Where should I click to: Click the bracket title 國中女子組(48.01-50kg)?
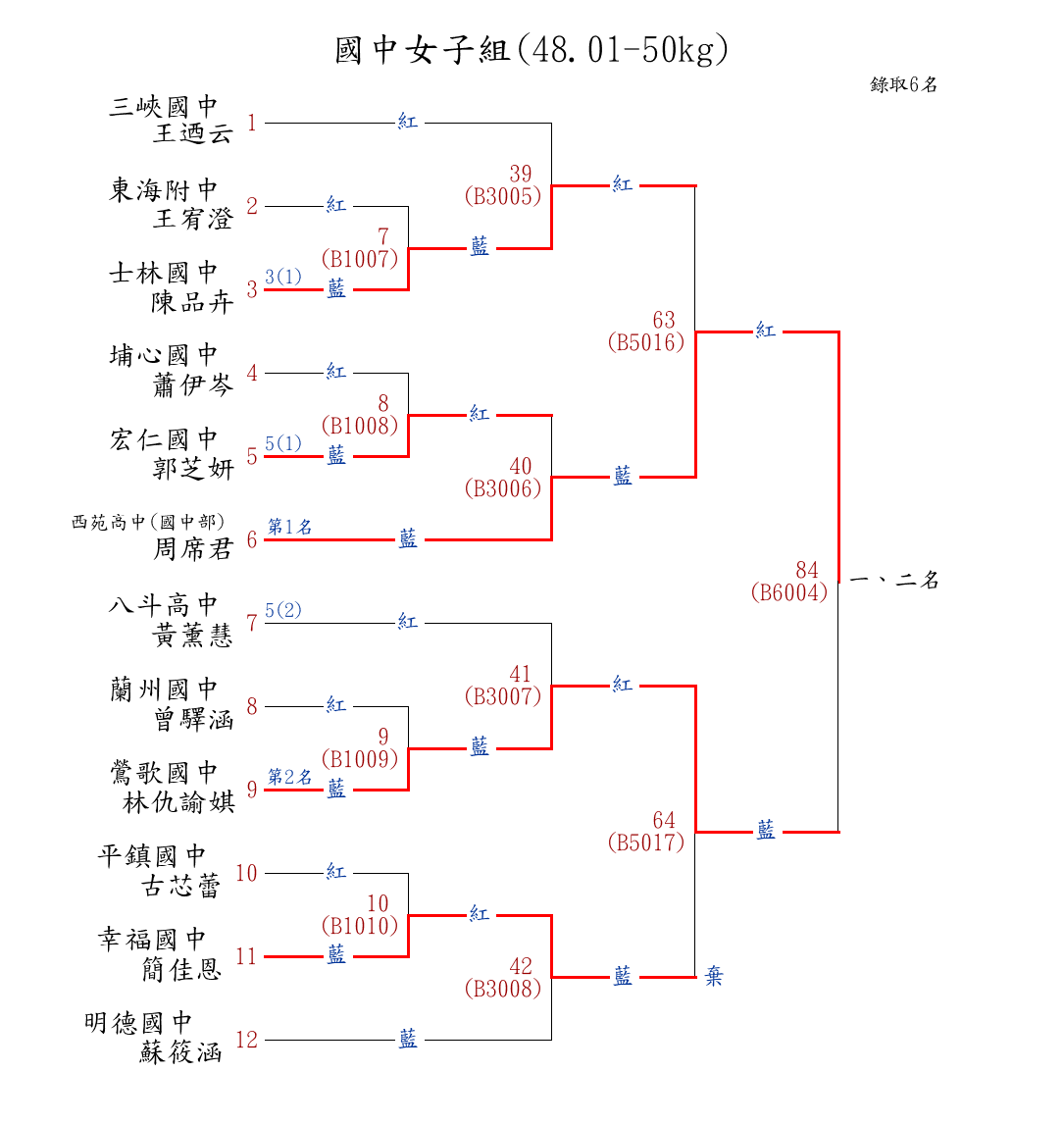pos(532,49)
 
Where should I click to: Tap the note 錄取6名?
pos(903,84)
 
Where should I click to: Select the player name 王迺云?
pos(193,133)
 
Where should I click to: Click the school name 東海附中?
pos(163,189)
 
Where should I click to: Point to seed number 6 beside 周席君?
pos(252,539)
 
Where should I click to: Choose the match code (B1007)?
pos(360,259)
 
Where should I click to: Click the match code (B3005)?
pos(503,196)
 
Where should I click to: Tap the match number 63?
pos(664,320)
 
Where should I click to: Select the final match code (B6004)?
pos(789,592)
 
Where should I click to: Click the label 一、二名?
pos(894,580)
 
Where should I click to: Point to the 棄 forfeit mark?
pos(714,977)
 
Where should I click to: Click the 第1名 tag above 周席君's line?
pos(290,527)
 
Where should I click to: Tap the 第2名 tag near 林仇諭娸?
pos(290,777)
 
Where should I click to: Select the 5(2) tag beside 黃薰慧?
pos(283,610)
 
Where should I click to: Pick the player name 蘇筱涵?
pos(180,1053)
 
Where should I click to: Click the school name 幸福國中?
pos(152,940)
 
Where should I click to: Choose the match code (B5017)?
pos(645,842)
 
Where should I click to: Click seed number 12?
pos(246,1040)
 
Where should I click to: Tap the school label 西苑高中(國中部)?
pos(148,522)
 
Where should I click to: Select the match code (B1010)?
pos(360,925)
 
